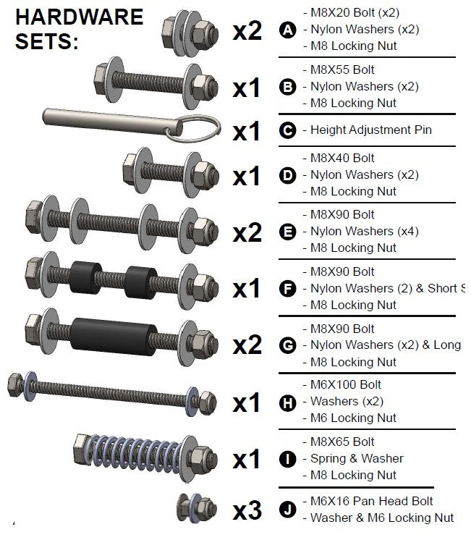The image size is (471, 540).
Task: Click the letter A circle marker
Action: (288, 30)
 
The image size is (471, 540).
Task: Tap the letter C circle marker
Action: (288, 131)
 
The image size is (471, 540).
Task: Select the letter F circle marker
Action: (288, 289)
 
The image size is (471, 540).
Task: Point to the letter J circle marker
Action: (288, 510)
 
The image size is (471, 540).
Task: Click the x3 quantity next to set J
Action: (247, 511)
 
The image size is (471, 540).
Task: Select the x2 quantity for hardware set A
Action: (247, 31)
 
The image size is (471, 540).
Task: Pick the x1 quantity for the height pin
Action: (246, 132)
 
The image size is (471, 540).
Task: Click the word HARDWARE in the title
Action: (79, 17)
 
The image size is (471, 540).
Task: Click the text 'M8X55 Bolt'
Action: (340, 70)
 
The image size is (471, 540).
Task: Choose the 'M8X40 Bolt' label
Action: (340, 158)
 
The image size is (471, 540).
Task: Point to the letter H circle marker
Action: (288, 402)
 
